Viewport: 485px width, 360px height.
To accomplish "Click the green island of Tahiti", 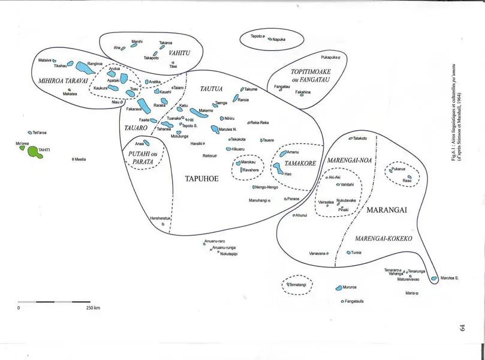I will tap(34, 151).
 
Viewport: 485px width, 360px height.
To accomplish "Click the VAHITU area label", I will tap(179, 53).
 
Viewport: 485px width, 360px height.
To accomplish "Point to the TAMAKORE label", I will tap(300, 163).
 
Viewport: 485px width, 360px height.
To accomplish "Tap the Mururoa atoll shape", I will tap(338, 288).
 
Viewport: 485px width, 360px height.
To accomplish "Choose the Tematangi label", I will tap(297, 284).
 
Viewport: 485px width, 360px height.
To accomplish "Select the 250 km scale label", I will tap(93, 308).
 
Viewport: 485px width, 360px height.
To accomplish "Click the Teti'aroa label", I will tap(41, 133).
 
